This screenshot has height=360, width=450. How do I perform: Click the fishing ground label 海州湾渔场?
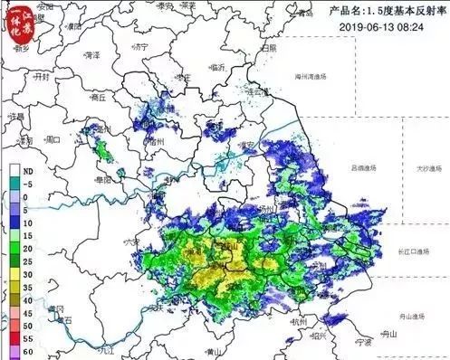click(x=320, y=79)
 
